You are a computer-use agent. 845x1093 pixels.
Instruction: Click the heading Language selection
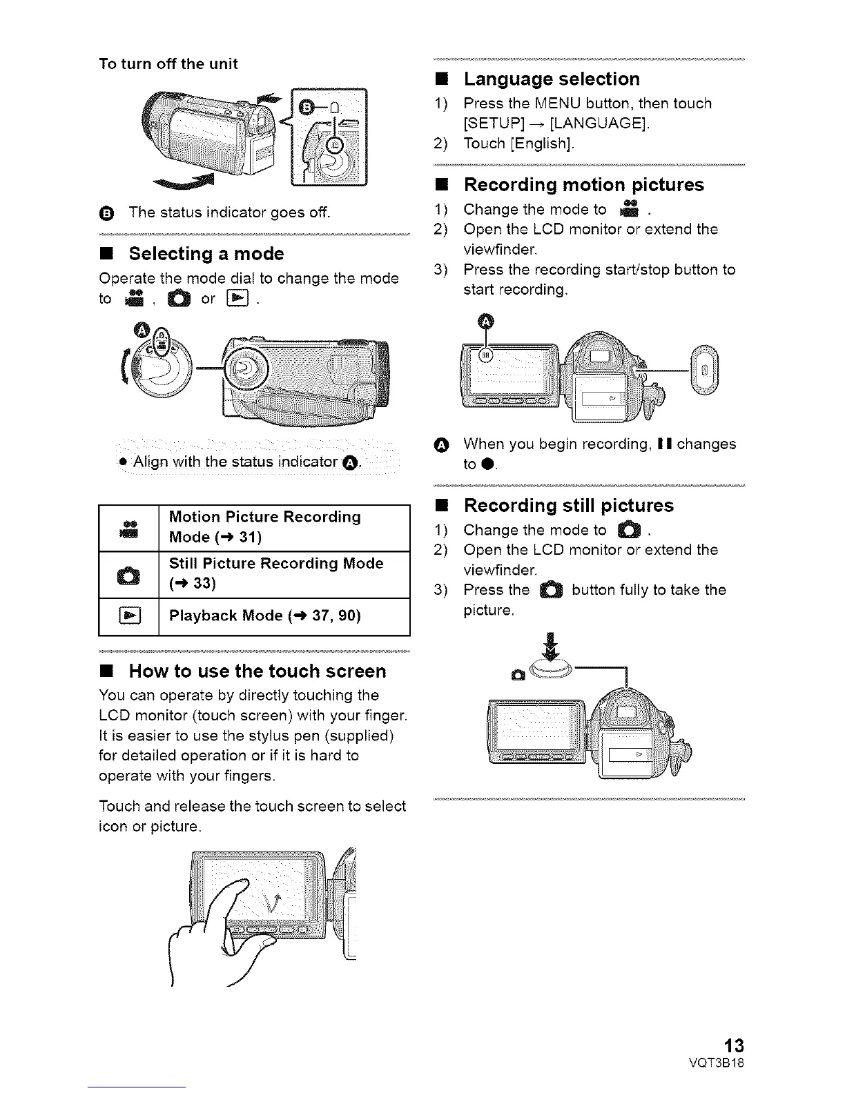click(552, 79)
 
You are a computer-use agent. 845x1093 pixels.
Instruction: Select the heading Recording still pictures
click(568, 506)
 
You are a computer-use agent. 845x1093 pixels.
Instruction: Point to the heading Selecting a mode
click(206, 254)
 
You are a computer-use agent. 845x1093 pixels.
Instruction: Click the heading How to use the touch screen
click(258, 671)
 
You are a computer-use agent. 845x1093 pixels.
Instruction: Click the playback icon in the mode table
click(130, 616)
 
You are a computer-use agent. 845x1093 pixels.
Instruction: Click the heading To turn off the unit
click(168, 64)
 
